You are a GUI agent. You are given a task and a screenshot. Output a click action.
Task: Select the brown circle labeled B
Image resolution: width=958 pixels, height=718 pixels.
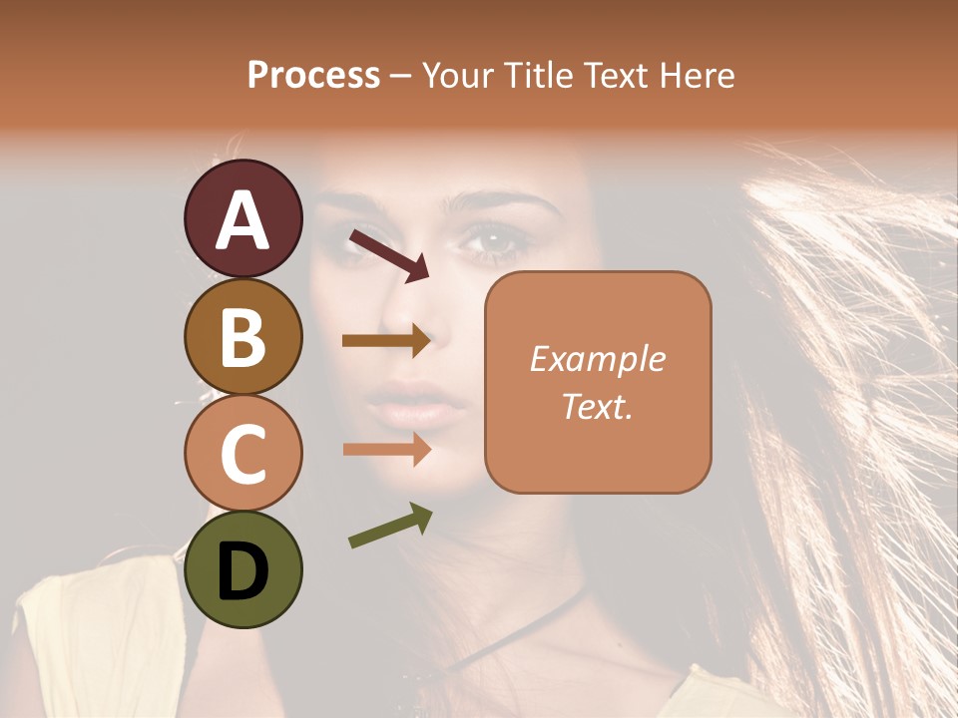point(242,336)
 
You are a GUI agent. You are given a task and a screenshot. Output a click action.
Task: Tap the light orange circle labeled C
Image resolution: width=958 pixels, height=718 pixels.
point(242,453)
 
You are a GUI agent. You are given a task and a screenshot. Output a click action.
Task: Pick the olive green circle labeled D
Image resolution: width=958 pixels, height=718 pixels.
point(242,569)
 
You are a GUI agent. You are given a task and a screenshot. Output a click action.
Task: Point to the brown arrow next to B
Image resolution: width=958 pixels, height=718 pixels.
point(386,341)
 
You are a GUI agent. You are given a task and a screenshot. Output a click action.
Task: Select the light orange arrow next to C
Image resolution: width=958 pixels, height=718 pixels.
point(386,450)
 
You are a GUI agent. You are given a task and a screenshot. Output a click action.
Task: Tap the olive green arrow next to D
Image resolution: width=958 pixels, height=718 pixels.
point(390,526)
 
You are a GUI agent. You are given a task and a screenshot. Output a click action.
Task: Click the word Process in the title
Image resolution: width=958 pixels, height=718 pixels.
point(313,75)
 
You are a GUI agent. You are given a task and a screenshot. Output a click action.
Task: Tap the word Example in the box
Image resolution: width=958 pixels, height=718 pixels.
point(597,359)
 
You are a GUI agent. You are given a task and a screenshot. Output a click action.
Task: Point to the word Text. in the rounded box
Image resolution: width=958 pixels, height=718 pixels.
point(597,406)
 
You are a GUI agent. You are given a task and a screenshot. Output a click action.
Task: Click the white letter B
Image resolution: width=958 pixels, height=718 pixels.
point(242,336)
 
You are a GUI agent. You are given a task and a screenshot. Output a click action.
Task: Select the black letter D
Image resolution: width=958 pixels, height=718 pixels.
point(242,570)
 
